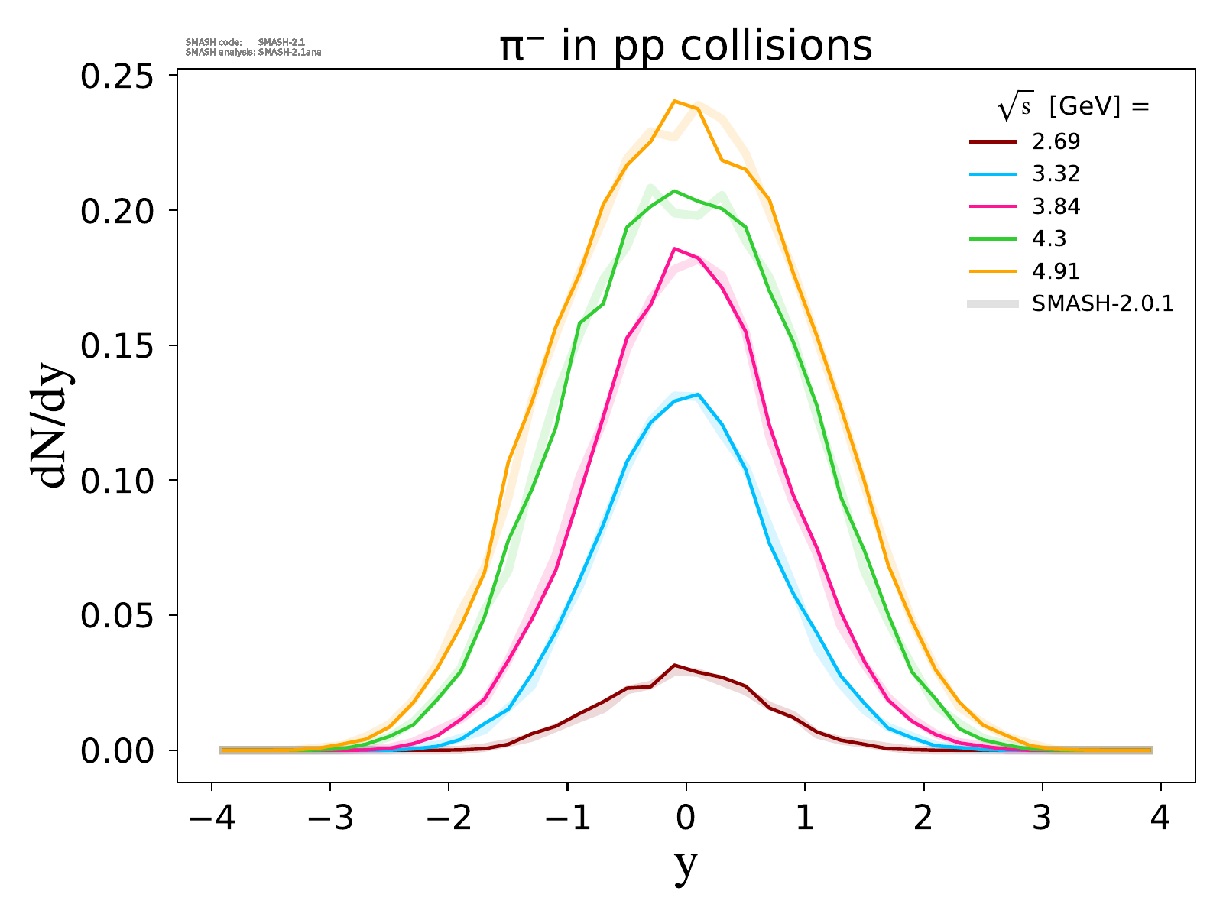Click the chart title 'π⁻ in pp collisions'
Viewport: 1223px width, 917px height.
pos(686,47)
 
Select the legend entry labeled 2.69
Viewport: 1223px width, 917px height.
pos(1056,141)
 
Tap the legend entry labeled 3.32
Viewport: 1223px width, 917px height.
pos(1056,174)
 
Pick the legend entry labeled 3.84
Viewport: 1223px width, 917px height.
pos(1056,206)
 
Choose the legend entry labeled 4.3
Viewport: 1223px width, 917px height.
pos(1049,239)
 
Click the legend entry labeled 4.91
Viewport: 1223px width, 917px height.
pos(1056,271)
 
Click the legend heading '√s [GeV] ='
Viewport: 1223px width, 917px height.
pos(1073,108)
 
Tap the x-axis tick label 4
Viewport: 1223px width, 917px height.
pos(1160,819)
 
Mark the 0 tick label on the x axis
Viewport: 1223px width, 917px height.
pos(686,819)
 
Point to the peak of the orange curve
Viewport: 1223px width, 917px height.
pos(674,101)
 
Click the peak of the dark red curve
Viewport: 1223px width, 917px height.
pos(674,665)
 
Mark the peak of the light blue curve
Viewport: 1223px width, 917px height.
pos(698,394)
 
